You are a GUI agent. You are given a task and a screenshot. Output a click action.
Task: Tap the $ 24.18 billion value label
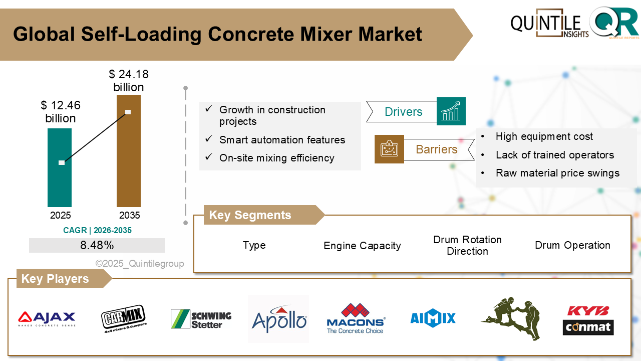click(x=129, y=81)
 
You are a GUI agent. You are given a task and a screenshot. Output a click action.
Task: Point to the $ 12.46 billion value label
click(x=61, y=112)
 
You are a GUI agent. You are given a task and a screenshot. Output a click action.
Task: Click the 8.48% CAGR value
click(x=97, y=245)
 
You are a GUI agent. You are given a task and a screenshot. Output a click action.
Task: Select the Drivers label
click(x=403, y=112)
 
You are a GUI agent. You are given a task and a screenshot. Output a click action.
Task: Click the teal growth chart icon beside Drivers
click(x=451, y=111)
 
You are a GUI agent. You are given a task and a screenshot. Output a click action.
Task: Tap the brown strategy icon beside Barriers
click(x=389, y=149)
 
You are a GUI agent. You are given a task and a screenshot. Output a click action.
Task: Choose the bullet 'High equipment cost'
click(x=544, y=136)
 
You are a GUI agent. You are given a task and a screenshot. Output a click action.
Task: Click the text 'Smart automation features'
click(x=282, y=140)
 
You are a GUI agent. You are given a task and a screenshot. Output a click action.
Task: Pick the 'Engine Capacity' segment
click(x=362, y=246)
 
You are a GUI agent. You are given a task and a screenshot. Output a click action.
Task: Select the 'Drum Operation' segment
click(x=572, y=245)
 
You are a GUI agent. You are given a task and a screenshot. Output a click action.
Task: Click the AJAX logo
click(x=47, y=318)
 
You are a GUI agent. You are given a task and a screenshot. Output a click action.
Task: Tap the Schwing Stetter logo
click(x=201, y=319)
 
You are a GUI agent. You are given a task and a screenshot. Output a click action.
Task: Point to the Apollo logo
click(x=278, y=319)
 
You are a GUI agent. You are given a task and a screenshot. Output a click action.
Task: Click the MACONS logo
click(x=355, y=318)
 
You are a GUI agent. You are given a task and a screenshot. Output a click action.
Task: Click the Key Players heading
click(x=55, y=279)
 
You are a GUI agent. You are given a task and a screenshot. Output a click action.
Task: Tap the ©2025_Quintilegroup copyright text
click(x=140, y=264)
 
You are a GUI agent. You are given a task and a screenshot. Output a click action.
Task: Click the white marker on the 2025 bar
click(x=62, y=162)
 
